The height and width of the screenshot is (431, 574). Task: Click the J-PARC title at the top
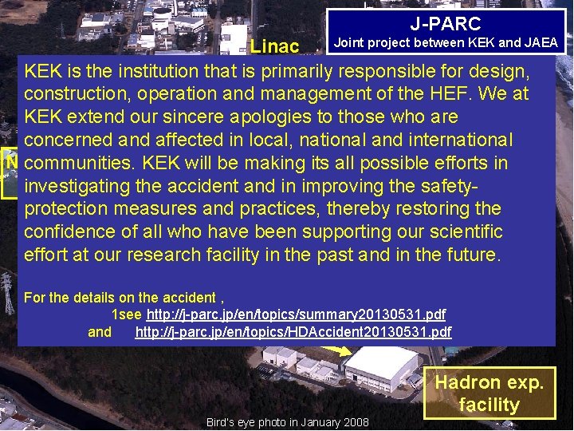[446, 24]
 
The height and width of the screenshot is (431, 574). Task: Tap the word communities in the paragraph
[77, 163]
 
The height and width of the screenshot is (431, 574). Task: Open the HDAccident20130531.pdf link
[293, 331]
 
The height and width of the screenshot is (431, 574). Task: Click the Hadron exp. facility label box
[489, 393]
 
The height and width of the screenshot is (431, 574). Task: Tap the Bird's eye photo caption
[287, 422]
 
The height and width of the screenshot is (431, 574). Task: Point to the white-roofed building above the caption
[379, 366]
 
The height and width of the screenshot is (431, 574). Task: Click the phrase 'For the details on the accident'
[120, 298]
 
